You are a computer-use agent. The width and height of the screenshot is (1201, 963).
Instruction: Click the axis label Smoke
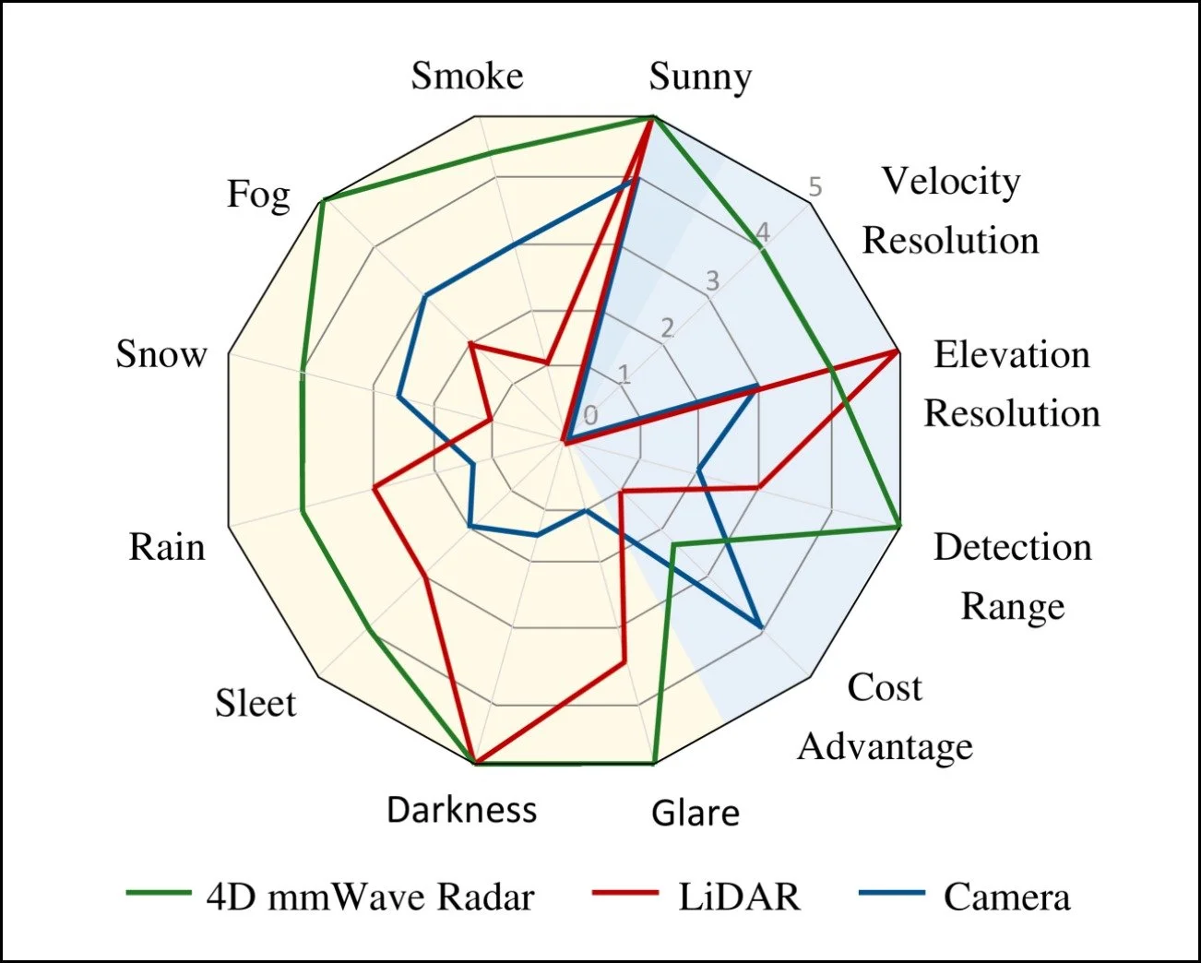pos(467,76)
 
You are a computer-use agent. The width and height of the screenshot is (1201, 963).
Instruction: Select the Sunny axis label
pos(700,77)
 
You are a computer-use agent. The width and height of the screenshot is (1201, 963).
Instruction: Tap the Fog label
pos(258,195)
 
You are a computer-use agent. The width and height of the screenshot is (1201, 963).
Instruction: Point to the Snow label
pos(161,353)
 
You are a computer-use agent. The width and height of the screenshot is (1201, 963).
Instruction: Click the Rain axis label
pos(166,547)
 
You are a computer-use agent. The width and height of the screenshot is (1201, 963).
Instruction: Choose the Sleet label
pos(256,703)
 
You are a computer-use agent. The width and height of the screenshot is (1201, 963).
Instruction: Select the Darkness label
pos(461,810)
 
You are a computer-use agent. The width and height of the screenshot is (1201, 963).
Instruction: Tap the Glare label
pos(696,813)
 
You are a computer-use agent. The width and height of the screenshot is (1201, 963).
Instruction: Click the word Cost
pos(885,687)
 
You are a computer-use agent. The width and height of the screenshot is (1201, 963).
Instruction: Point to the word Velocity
pos(950,181)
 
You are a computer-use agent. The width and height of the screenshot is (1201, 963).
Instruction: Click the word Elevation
pos(1011,354)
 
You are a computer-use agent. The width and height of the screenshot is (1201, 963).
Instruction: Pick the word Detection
pos(1012,547)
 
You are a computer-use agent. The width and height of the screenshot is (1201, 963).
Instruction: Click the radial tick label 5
pos(815,187)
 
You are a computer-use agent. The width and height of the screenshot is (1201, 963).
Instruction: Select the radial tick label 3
pos(712,280)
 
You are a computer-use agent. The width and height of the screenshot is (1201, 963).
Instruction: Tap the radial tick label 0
pos(590,416)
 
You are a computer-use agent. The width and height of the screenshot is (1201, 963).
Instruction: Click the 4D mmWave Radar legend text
pos(370,897)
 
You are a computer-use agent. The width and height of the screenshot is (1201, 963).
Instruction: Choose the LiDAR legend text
pos(739,897)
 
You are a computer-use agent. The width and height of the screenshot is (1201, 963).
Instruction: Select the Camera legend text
pos(1006,897)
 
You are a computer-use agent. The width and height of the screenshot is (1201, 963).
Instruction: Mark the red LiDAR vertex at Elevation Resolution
pos(898,351)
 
